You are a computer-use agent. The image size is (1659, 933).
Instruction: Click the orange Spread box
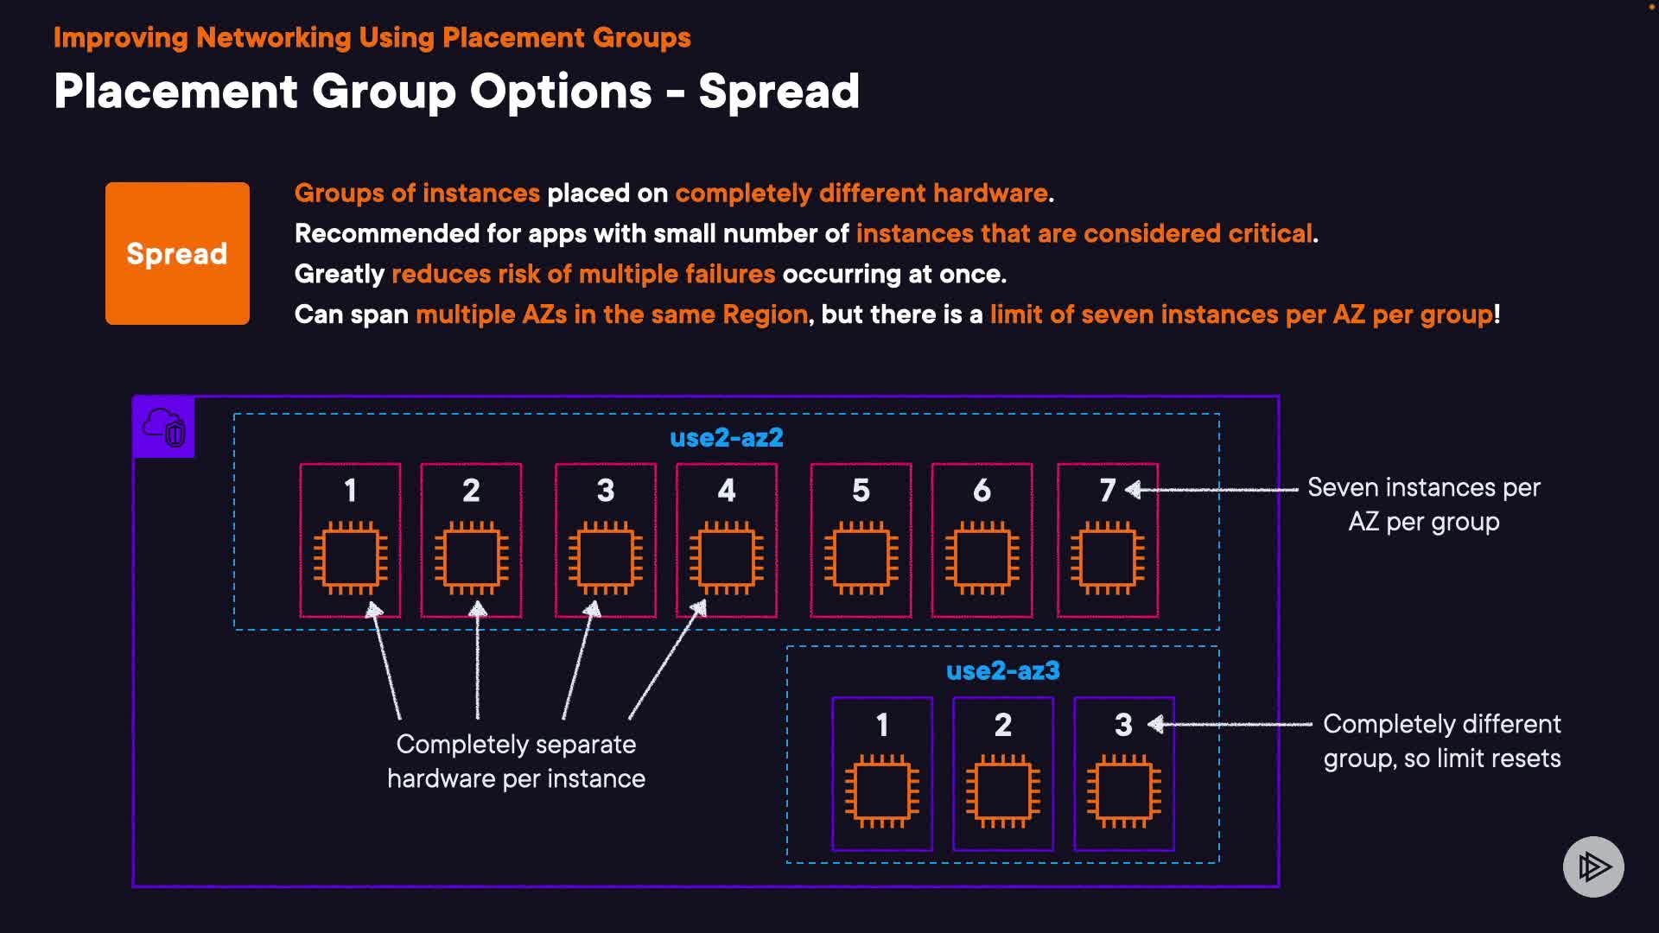[x=177, y=253]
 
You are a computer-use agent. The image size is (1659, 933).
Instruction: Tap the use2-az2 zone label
[x=726, y=438]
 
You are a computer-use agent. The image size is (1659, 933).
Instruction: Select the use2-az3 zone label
[x=1002, y=671]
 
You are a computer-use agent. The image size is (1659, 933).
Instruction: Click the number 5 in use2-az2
[x=861, y=491]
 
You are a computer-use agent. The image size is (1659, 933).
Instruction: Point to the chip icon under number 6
[x=982, y=557]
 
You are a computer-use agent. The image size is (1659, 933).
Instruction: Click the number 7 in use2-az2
[x=1107, y=491]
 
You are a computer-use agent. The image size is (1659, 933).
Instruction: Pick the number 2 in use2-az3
[x=1002, y=725]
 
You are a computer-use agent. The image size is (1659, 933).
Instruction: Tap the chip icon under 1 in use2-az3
[x=881, y=791]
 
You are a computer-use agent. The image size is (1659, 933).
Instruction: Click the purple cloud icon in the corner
[x=164, y=427]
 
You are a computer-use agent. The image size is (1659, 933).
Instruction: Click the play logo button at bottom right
[x=1593, y=866]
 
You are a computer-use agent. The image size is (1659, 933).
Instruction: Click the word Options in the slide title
[x=561, y=92]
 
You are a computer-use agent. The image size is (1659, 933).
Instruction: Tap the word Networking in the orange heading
[x=273, y=38]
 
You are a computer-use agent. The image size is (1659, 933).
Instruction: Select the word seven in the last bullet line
[x=1117, y=314]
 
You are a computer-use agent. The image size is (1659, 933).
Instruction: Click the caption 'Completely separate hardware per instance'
[x=516, y=761]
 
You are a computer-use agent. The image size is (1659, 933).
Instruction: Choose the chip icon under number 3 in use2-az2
[x=605, y=557]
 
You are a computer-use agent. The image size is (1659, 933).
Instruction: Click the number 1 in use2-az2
[x=350, y=491]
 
